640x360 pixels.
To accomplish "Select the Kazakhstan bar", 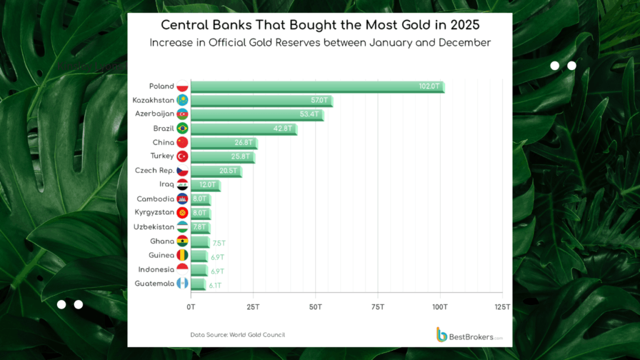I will point(261,101).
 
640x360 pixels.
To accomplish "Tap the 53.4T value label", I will point(311,114).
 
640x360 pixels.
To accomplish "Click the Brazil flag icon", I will point(182,128).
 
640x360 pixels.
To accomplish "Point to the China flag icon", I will point(182,142).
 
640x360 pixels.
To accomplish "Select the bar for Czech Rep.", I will point(216,171).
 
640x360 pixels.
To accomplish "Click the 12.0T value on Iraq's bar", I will point(207,185).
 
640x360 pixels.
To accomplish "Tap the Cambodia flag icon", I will point(182,199).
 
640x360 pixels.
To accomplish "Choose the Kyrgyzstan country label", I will point(154,212).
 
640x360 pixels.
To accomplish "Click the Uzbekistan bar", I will point(201,227).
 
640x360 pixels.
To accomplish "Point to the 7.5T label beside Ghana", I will point(218,242).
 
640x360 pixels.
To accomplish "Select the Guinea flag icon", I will point(182,256).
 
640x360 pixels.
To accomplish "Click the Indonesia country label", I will point(154,269).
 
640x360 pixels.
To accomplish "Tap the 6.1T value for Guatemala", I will point(216,285).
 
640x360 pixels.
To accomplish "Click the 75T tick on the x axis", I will point(377,307).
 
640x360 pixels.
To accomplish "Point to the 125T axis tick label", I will point(502,307).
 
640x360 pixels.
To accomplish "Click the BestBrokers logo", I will point(469,335).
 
